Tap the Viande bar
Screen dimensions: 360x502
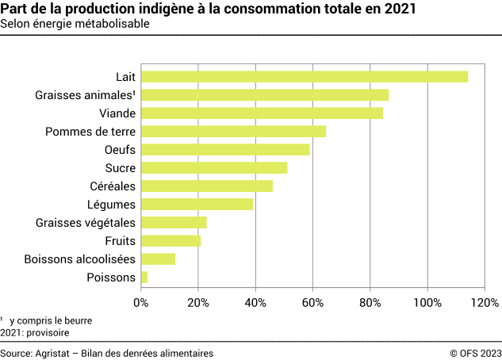click(x=262, y=113)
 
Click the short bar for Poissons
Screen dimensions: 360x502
click(x=144, y=278)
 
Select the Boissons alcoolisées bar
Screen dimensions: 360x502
click(x=158, y=259)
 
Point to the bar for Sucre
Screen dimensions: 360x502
click(x=213, y=168)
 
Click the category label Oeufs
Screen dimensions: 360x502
click(x=120, y=150)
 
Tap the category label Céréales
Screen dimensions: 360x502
click(x=113, y=186)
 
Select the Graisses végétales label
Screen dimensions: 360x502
click(x=86, y=223)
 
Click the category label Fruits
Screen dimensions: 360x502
click(x=120, y=241)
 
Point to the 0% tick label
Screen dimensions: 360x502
click(x=140, y=303)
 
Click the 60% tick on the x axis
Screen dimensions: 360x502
click(x=312, y=303)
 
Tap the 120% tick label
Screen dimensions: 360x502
click(x=485, y=303)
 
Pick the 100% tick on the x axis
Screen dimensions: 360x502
click(x=427, y=303)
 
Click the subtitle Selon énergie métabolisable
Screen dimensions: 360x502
click(x=75, y=24)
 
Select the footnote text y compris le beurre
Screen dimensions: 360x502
click(x=51, y=321)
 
